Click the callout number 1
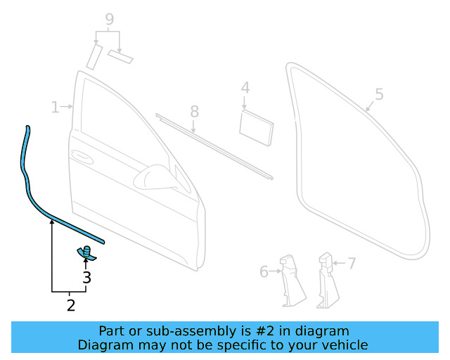pyautogui.click(x=55, y=107)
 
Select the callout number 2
pyautogui.click(x=70, y=305)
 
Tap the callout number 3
pyautogui.click(x=86, y=278)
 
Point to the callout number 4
pyautogui.click(x=245, y=88)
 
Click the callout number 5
pyautogui.click(x=378, y=94)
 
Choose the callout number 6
pyautogui.click(x=264, y=271)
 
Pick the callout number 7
pyautogui.click(x=351, y=264)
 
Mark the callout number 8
pyautogui.click(x=194, y=111)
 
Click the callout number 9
pyautogui.click(x=109, y=20)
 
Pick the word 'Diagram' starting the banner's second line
pyautogui.click(x=103, y=345)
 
